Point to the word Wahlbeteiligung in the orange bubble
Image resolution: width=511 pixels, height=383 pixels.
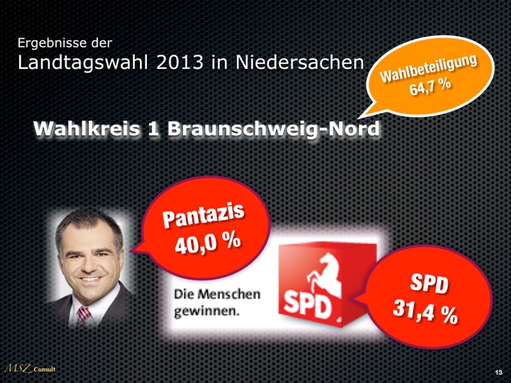click(427, 69)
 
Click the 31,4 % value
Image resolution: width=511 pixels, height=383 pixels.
click(426, 312)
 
